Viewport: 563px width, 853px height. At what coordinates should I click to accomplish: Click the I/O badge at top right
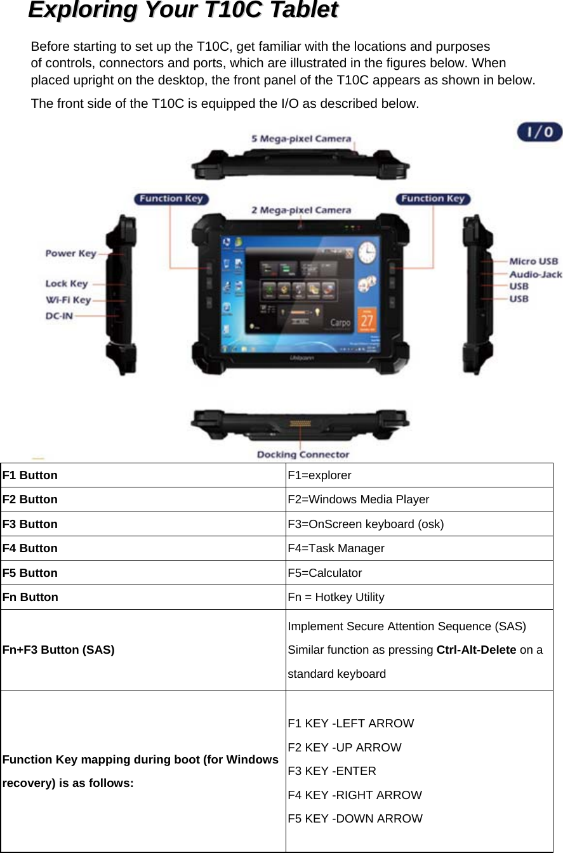[x=539, y=132]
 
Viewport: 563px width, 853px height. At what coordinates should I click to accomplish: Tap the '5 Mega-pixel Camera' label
[x=301, y=138]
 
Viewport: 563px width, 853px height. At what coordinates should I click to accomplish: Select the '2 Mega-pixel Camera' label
[x=301, y=210]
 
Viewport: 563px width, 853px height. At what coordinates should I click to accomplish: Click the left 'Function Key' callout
[x=171, y=199]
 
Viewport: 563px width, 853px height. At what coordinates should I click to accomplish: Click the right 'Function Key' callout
[x=432, y=199]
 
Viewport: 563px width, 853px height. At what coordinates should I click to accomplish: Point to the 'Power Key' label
[x=70, y=253]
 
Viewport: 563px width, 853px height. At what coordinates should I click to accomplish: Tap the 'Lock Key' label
[x=66, y=284]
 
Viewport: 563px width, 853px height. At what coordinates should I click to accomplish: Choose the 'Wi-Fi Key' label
[x=68, y=300]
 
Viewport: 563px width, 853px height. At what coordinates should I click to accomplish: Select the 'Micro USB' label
[x=534, y=261]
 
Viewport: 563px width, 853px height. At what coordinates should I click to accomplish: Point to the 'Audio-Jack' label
[x=536, y=274]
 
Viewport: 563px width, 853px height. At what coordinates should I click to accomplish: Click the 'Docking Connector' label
[x=303, y=454]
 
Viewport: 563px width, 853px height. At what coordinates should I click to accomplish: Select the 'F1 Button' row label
[x=30, y=475]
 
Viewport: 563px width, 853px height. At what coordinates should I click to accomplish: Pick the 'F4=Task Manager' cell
[x=336, y=548]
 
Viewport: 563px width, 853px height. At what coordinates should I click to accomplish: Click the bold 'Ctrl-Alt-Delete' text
[x=476, y=650]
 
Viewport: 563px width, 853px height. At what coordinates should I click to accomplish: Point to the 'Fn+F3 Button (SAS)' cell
[x=58, y=650]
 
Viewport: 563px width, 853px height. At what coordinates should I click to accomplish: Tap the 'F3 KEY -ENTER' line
[x=331, y=771]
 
